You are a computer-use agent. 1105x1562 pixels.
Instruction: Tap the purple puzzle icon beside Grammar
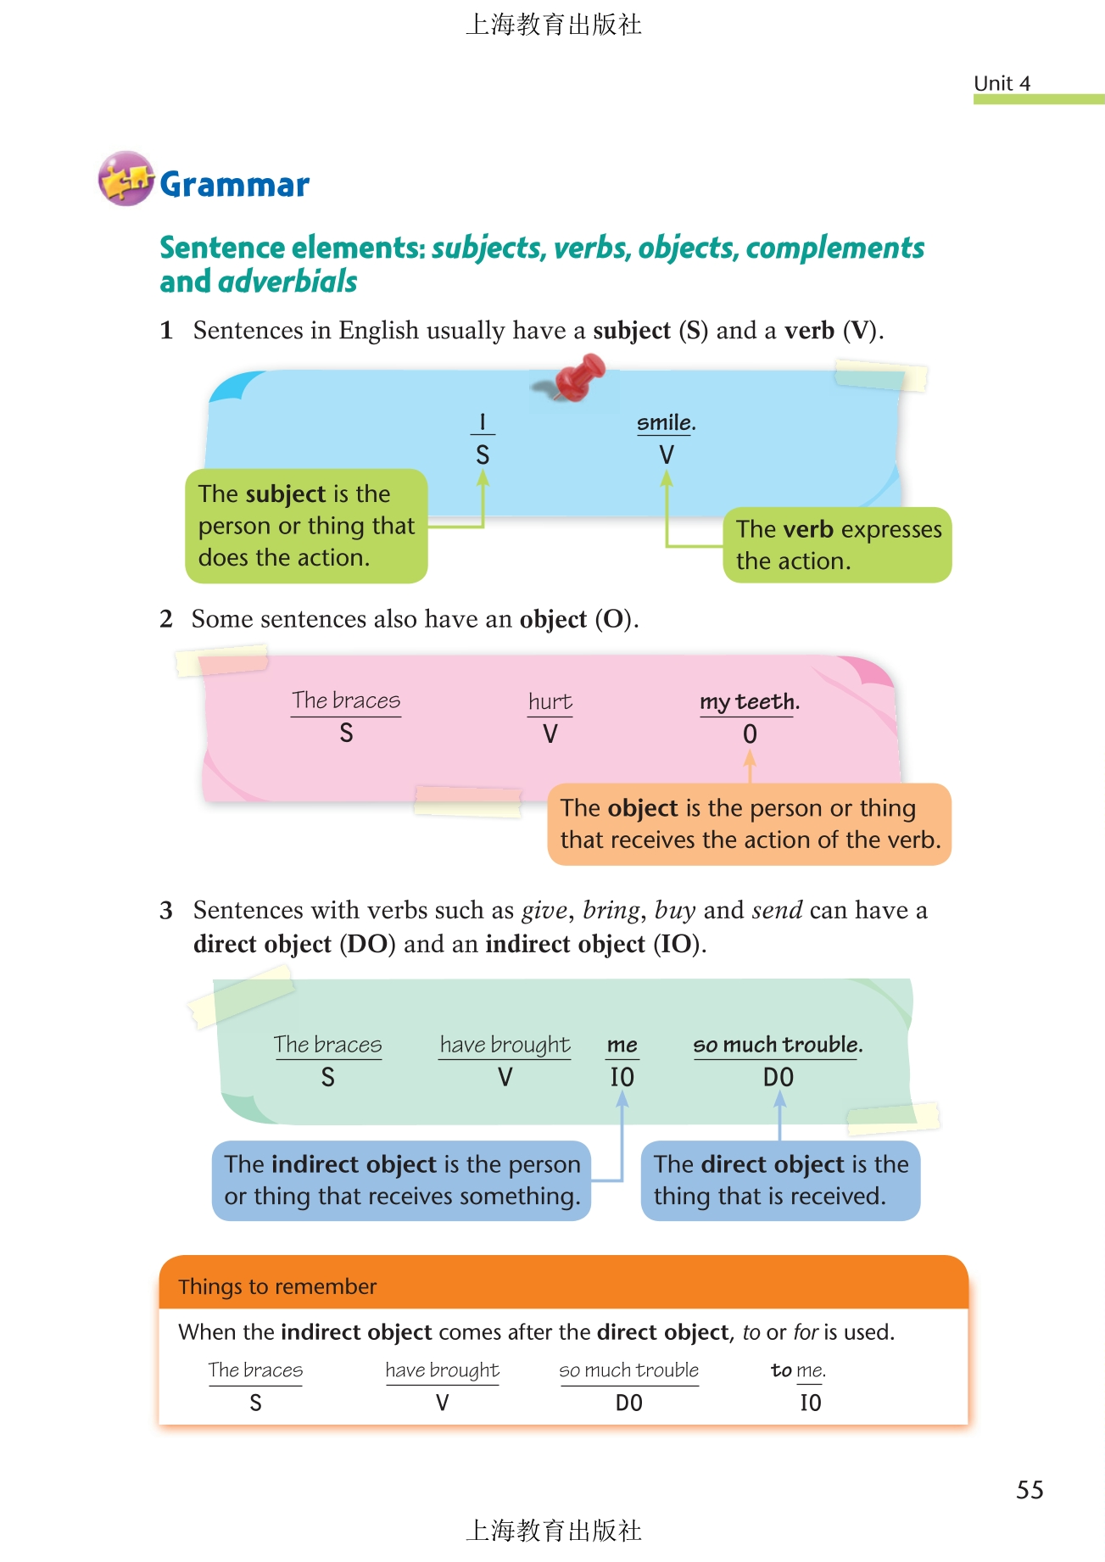click(126, 179)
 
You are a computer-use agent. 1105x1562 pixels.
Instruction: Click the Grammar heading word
click(235, 185)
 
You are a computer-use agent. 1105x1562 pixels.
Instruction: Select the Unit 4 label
click(1002, 83)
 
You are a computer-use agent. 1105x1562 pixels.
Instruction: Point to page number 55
click(1030, 1490)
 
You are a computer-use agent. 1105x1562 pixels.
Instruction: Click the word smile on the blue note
click(665, 422)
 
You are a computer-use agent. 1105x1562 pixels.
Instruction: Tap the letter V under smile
click(667, 455)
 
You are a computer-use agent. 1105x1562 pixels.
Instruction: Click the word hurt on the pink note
click(550, 701)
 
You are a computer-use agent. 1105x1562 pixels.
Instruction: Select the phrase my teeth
click(749, 701)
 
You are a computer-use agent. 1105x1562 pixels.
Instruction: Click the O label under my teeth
click(750, 734)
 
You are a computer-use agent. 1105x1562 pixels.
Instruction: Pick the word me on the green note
click(622, 1045)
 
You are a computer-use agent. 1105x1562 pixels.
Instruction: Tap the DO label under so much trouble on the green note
click(779, 1077)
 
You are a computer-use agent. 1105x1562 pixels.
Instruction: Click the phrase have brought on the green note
click(505, 1045)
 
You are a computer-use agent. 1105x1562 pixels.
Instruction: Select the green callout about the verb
click(837, 544)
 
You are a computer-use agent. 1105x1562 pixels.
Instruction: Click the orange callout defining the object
click(750, 824)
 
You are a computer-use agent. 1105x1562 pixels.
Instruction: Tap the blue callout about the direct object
click(780, 1180)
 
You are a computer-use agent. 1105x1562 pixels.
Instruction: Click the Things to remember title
click(277, 1286)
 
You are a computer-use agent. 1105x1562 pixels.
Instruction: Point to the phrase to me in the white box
click(797, 1370)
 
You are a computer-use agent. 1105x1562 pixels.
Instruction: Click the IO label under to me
click(811, 1403)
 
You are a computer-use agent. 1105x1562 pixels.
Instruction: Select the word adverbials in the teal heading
click(287, 282)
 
